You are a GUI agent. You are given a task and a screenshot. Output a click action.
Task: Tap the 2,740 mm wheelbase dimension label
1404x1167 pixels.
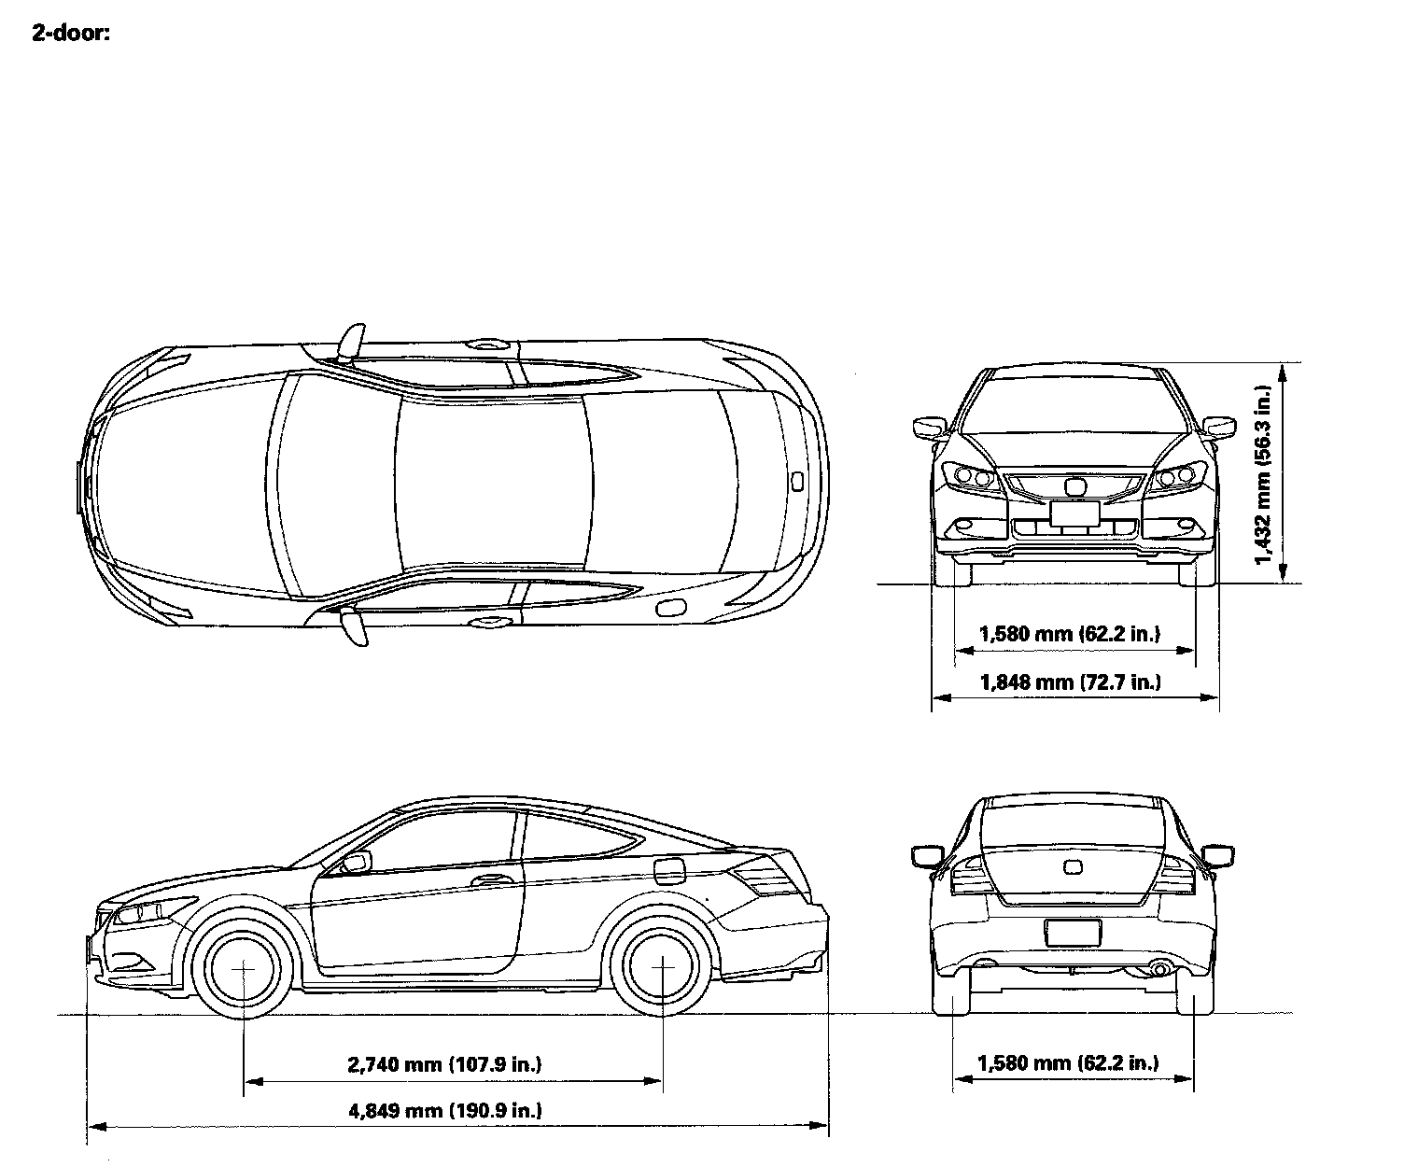pos(444,1063)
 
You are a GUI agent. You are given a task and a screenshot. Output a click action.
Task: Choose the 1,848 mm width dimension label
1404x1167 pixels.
pos(1070,682)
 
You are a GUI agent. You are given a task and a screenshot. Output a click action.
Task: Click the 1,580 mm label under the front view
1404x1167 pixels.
pos(1070,634)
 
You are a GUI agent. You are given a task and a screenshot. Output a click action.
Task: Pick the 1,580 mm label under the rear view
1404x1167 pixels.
pos(1068,1062)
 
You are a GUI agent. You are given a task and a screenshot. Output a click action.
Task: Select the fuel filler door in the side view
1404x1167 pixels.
pos(669,869)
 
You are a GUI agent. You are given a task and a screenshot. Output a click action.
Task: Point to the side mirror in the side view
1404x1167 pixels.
pos(356,861)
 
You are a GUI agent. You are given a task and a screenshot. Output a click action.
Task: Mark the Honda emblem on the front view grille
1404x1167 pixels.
pos(1074,486)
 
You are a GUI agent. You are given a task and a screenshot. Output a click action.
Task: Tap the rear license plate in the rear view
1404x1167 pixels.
pos(1073,932)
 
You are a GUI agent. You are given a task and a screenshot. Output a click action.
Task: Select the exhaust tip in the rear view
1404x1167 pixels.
pos(1160,970)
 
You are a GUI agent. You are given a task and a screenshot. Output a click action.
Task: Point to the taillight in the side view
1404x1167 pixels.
pos(761,879)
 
